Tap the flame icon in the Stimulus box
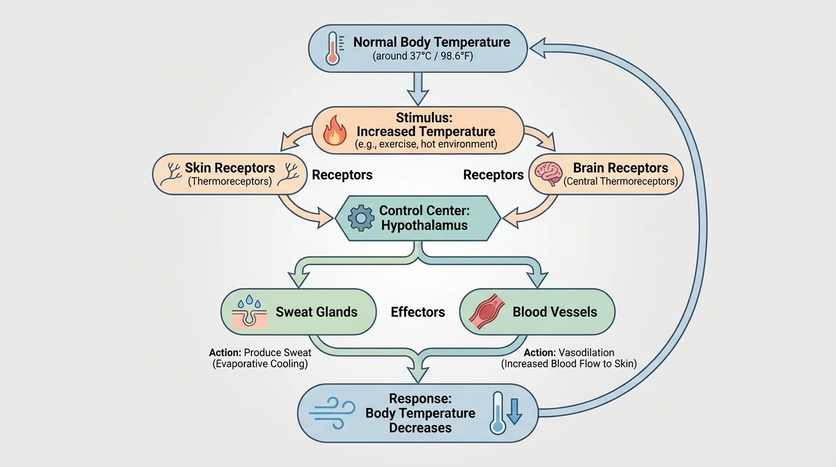334,131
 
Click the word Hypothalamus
424,226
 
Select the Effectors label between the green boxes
418,312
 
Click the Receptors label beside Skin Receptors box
342,175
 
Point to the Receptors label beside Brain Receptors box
493,175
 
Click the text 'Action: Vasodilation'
569,353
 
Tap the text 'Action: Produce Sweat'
260,353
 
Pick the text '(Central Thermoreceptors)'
620,181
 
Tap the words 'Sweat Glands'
317,312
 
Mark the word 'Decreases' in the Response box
420,427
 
